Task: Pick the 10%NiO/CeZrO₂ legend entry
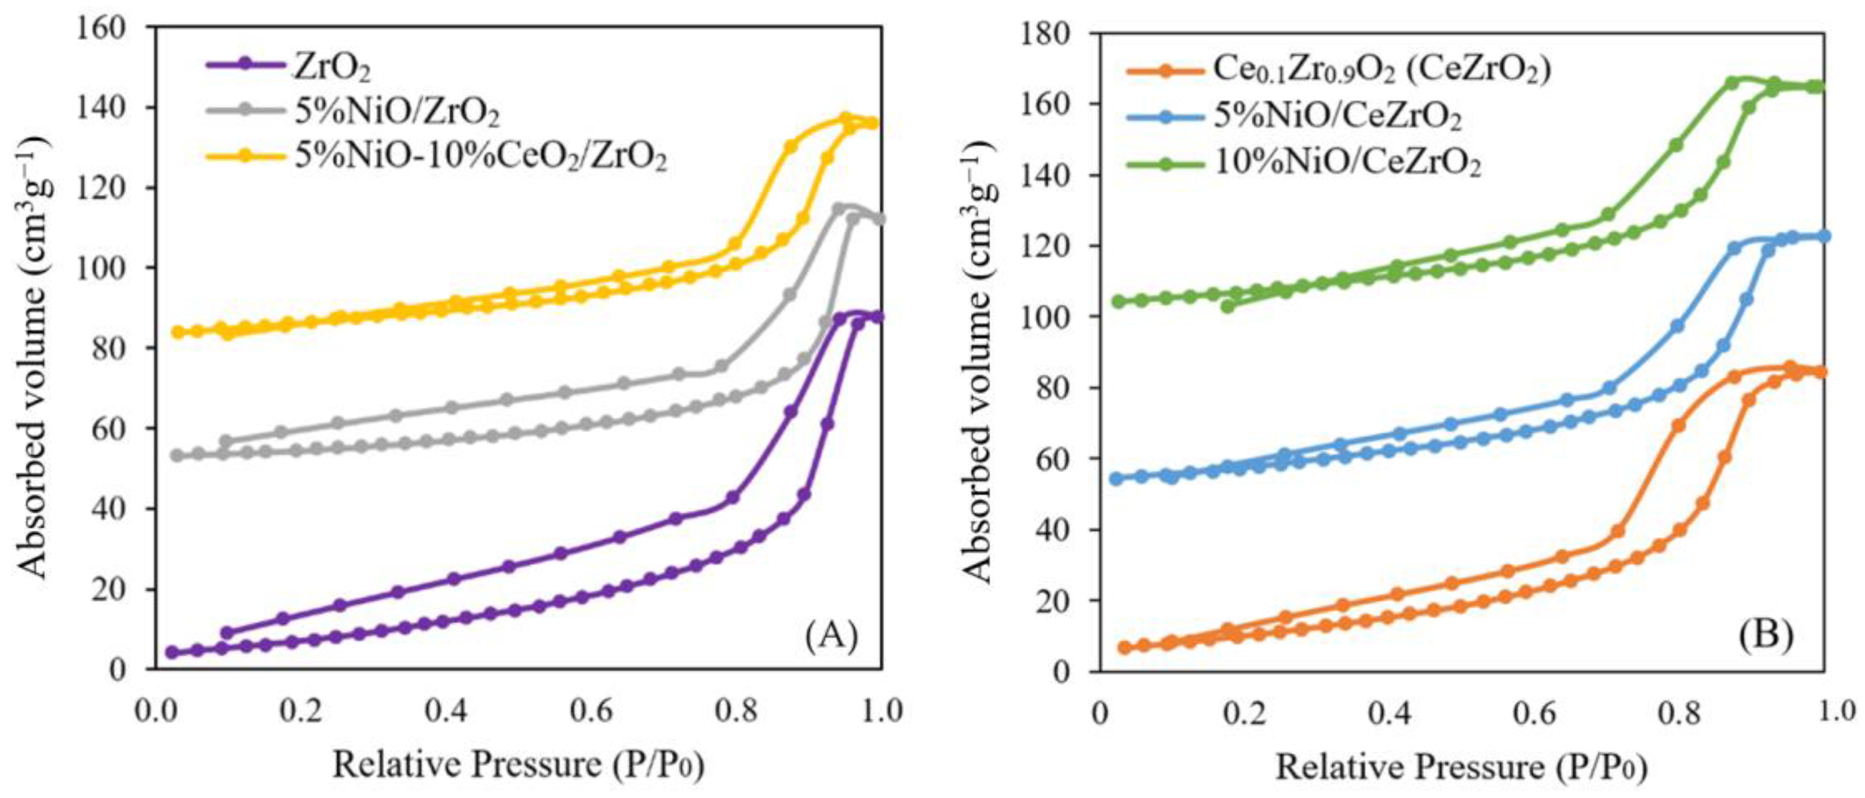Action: pyautogui.click(x=1347, y=164)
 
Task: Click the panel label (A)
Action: pyautogui.click(x=831, y=636)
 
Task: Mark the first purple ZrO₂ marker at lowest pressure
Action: pyautogui.click(x=172, y=652)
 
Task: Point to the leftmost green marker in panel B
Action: pyautogui.click(x=1119, y=301)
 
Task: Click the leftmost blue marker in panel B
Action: pyautogui.click(x=1116, y=479)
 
